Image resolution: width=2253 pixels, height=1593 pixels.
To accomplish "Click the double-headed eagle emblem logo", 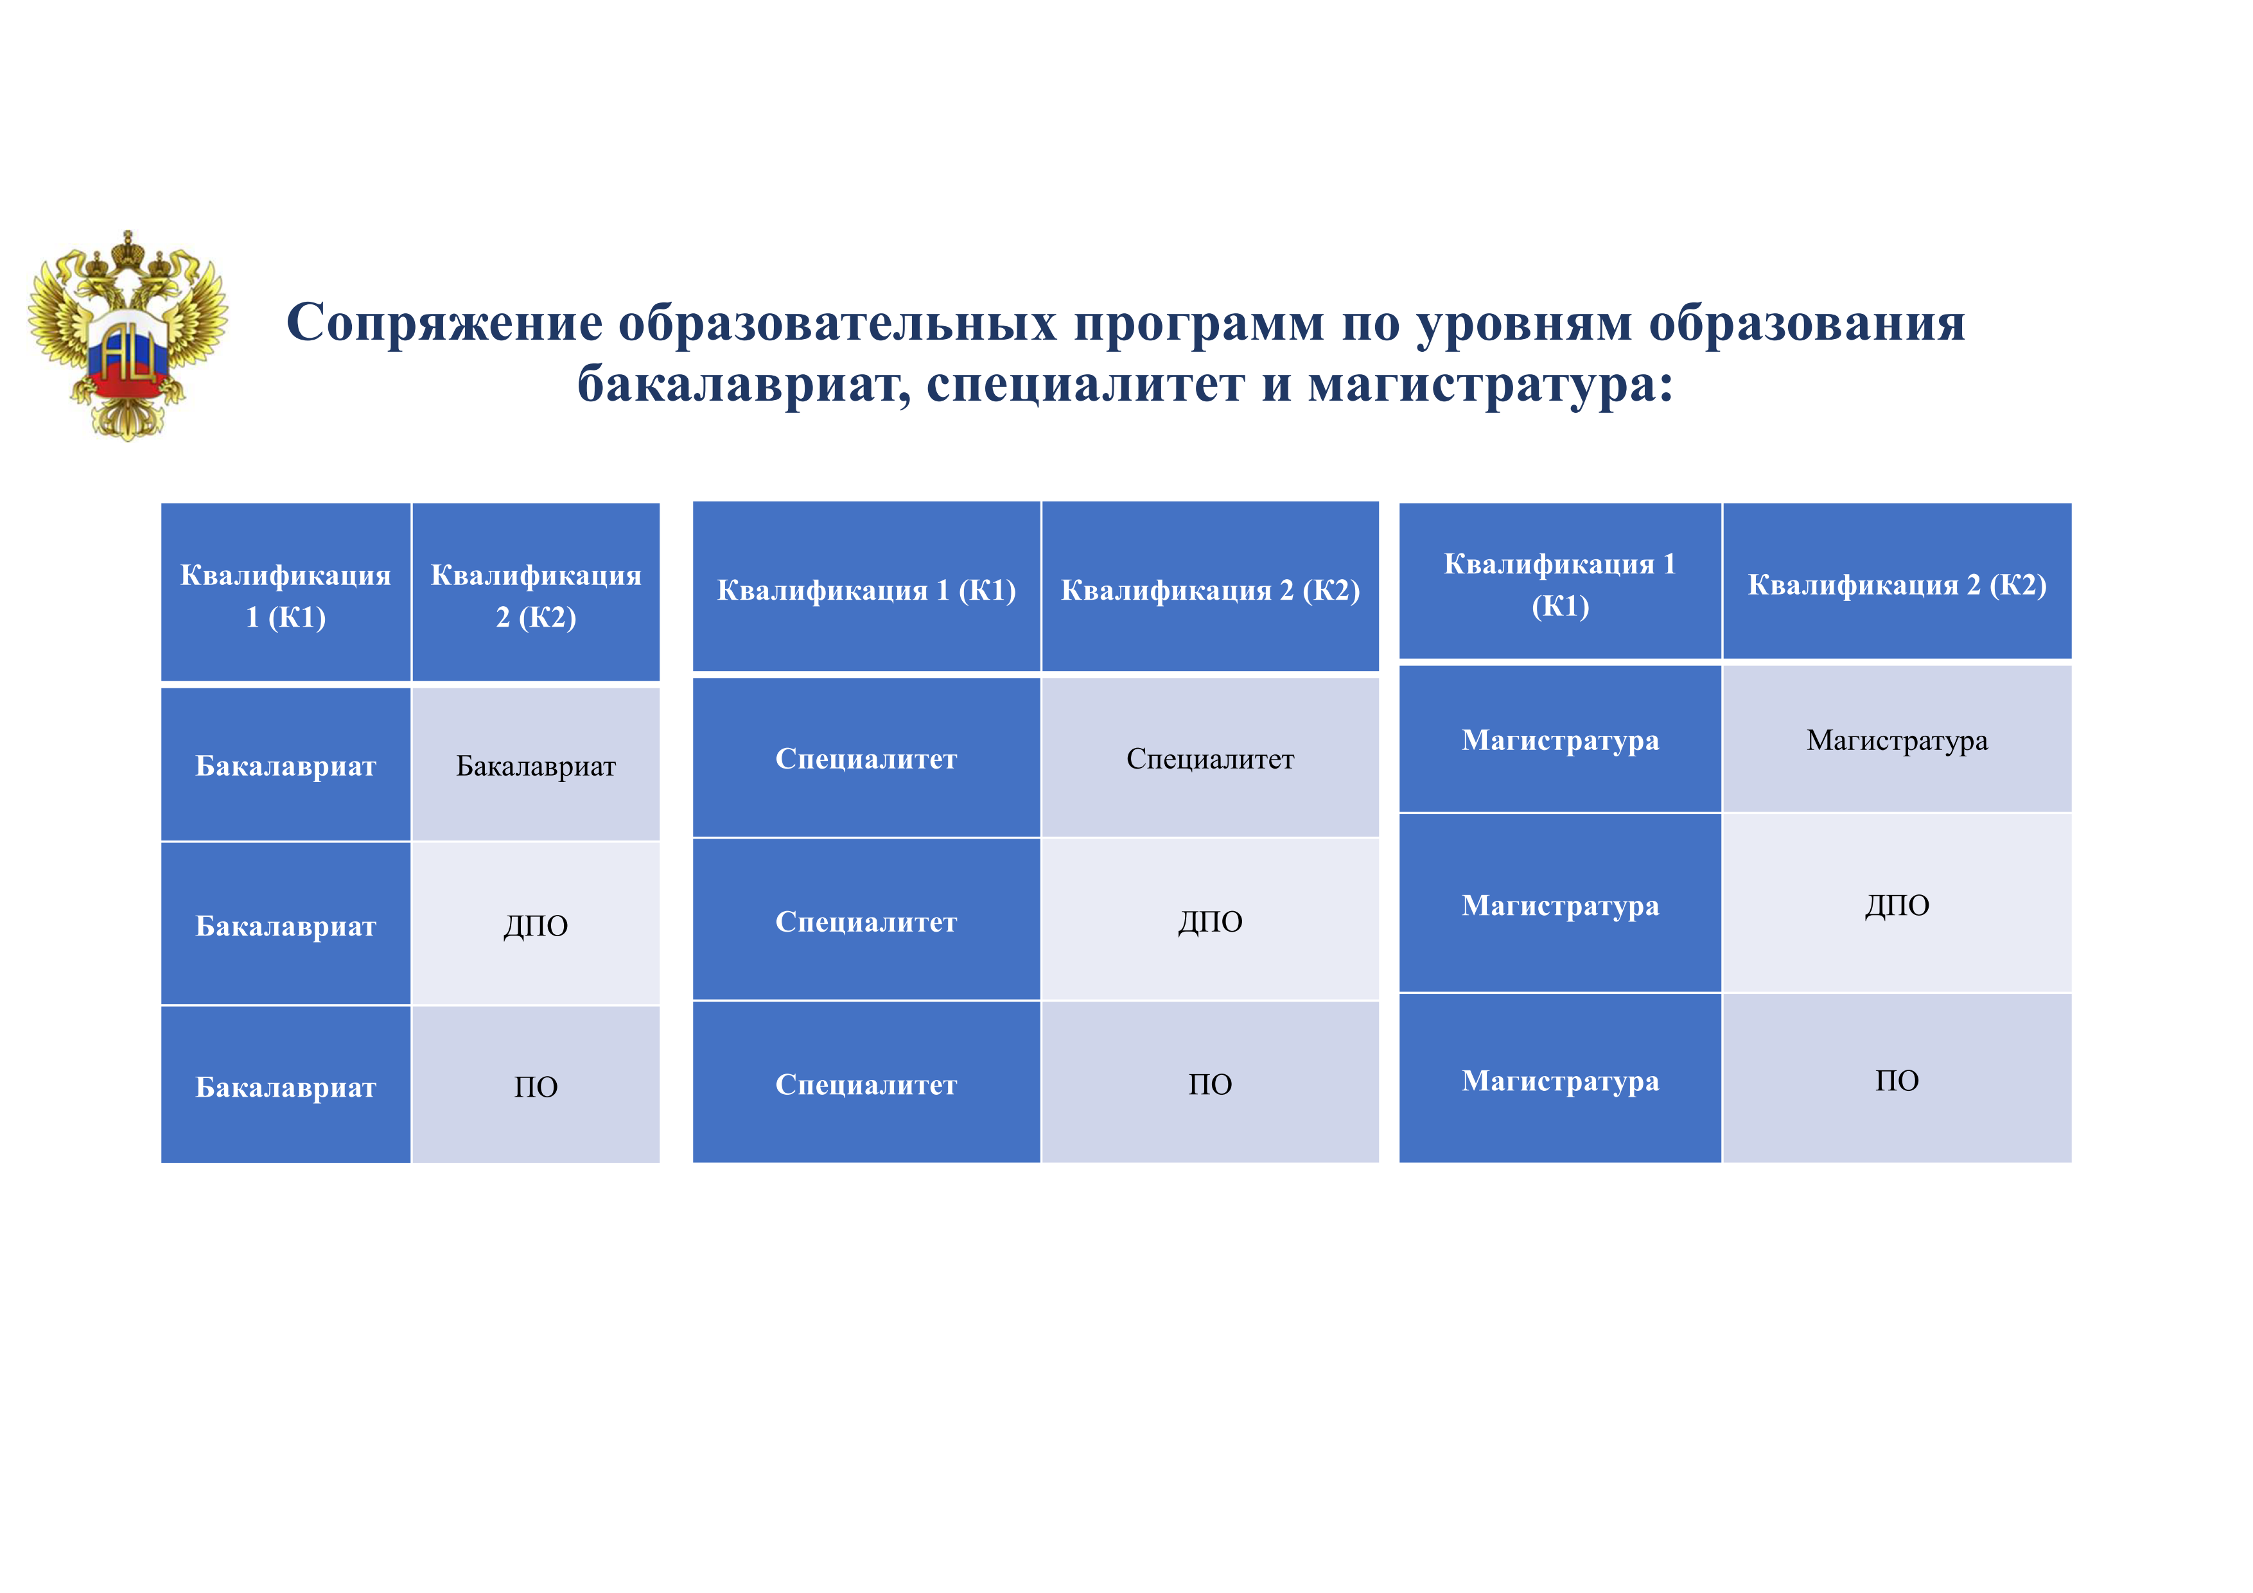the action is click(x=128, y=335).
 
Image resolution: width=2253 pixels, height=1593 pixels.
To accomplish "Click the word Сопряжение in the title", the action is click(x=444, y=324).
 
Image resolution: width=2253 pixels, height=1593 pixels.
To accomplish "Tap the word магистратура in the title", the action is click(x=1491, y=383).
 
